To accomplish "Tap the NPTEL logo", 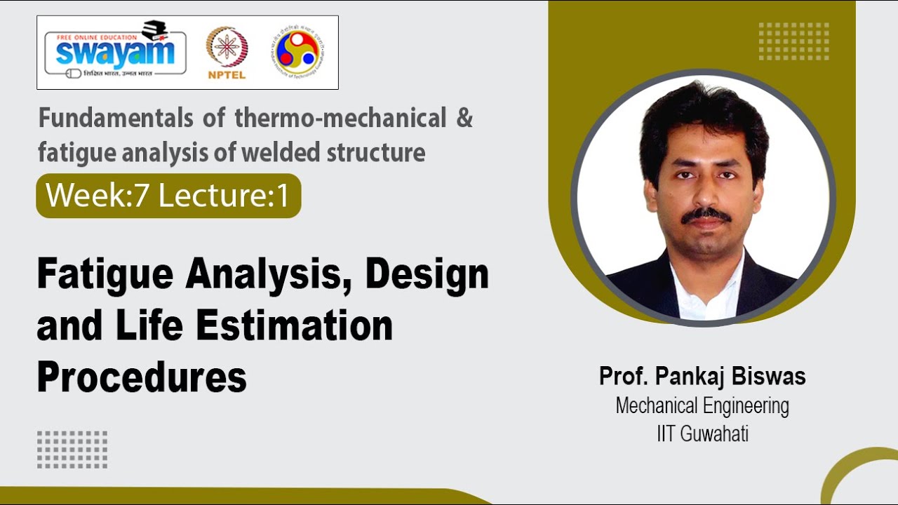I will [226, 53].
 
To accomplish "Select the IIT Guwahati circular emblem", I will [299, 51].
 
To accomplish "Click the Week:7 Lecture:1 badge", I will [168, 196].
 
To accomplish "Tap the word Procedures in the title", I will [142, 378].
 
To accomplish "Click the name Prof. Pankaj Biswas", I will [702, 377].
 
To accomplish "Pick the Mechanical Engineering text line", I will [702, 406].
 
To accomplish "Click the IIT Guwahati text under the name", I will [702, 434].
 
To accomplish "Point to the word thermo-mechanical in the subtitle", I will [340, 119].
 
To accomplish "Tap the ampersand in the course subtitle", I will [464, 119].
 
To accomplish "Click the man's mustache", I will [706, 215].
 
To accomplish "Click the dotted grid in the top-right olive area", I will [793, 41].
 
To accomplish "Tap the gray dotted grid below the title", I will [72, 450].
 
